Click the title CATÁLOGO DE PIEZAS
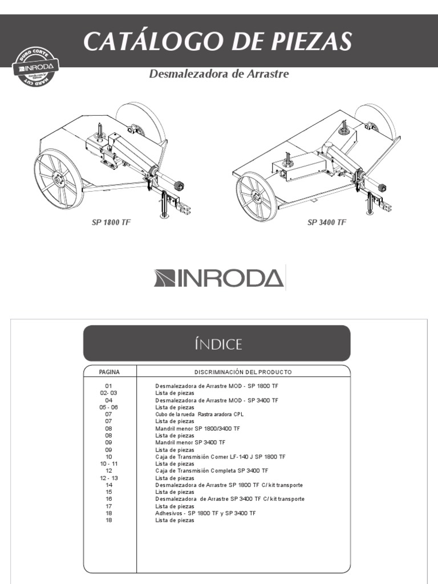tap(217, 42)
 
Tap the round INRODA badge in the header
tap(35, 67)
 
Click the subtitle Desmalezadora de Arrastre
tap(219, 74)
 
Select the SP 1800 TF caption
tap(111, 222)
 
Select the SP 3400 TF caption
tap(327, 222)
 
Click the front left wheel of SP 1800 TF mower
tap(58, 180)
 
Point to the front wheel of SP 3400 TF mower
tap(257, 197)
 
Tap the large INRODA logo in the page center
tap(219, 278)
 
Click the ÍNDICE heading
tap(217, 344)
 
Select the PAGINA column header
tap(109, 372)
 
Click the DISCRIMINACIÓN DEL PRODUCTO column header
tap(243, 372)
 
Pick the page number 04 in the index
tap(109, 400)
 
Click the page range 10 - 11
tap(109, 464)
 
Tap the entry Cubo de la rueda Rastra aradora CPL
tap(204, 415)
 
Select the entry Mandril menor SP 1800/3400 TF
tap(197, 428)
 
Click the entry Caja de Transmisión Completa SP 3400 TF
tap(212, 471)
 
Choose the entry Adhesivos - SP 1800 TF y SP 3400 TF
tap(205, 513)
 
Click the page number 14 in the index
tap(109, 485)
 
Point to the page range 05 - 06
tap(109, 407)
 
